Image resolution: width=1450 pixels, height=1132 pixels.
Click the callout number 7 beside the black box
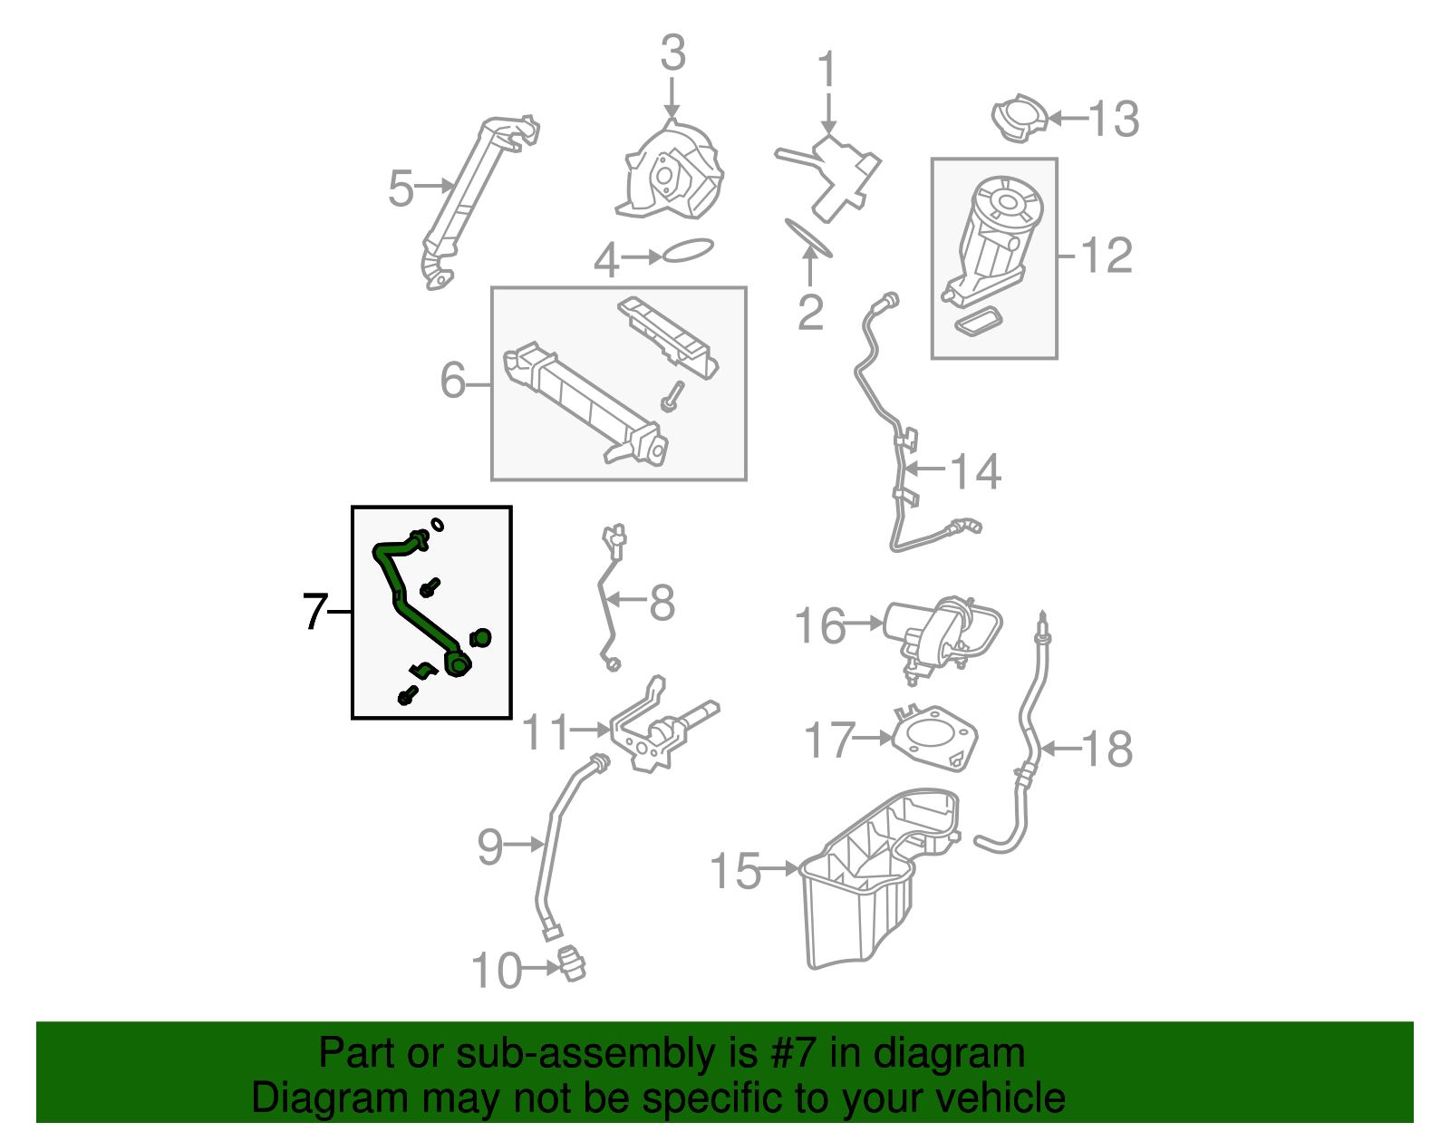tap(314, 612)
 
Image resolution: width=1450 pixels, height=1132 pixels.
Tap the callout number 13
tap(1113, 119)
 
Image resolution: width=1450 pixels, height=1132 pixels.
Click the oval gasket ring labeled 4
tap(688, 250)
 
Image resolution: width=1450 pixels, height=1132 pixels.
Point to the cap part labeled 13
tap(1020, 117)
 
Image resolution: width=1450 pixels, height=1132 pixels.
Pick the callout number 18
tap(1107, 750)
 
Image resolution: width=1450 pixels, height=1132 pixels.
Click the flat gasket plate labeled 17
tap(934, 739)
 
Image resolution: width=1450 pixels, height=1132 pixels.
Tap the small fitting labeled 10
tap(572, 963)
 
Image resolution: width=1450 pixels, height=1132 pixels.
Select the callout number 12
tap(1107, 256)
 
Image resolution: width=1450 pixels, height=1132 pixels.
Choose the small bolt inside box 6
tap(672, 396)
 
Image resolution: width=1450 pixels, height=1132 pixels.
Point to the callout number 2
tap(810, 312)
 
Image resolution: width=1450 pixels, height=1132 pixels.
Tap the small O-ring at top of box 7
tap(438, 524)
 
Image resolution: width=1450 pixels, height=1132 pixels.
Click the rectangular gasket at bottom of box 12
tap(978, 323)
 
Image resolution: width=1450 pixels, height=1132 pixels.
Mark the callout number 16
tap(819, 626)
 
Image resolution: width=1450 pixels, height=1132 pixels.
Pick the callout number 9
tap(489, 847)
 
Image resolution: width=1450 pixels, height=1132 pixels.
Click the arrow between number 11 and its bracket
tap(591, 729)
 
